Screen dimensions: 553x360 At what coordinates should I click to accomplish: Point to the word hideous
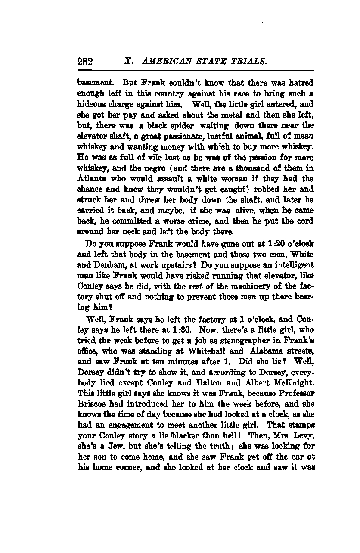(x=90, y=104)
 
